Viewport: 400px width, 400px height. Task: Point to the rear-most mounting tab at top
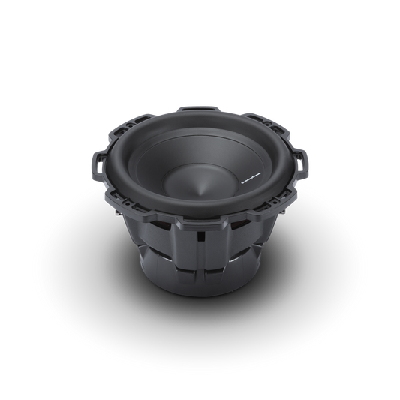click(x=199, y=108)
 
